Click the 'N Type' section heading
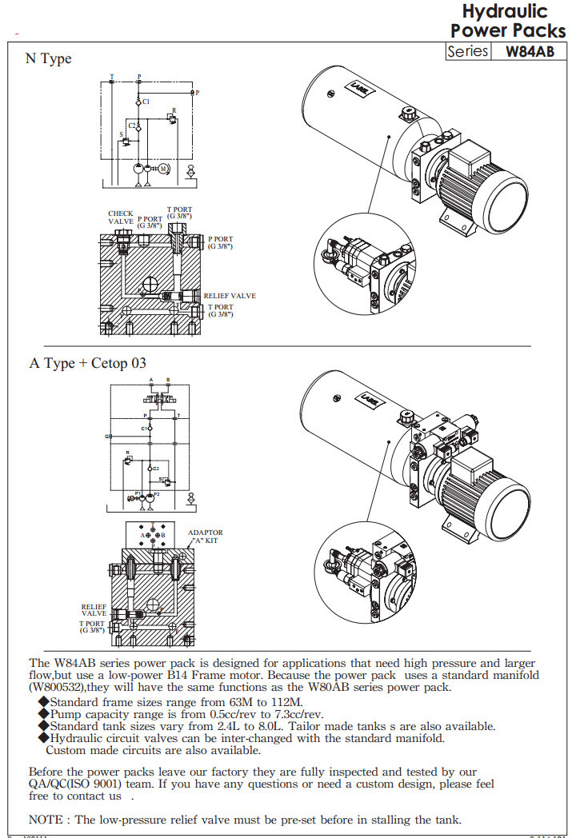coord(48,59)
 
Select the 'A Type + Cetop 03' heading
coord(88,363)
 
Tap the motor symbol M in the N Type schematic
coord(162,169)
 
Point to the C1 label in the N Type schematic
coord(145,102)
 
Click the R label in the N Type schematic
coord(174,110)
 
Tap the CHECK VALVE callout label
coord(121,217)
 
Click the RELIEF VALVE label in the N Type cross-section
coord(230,296)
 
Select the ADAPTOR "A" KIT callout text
coord(206,537)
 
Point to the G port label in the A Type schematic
coord(106,437)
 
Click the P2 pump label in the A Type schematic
coord(157,494)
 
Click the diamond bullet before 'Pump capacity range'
coord(44,713)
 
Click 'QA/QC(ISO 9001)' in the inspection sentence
coord(78,784)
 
